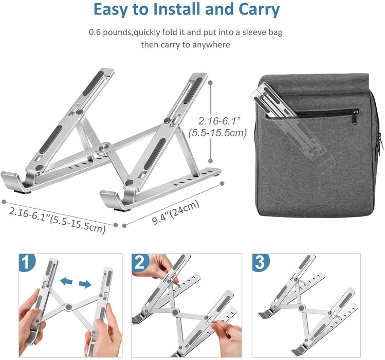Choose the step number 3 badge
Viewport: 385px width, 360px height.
click(x=261, y=263)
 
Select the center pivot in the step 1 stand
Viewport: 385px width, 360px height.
click(x=68, y=309)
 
